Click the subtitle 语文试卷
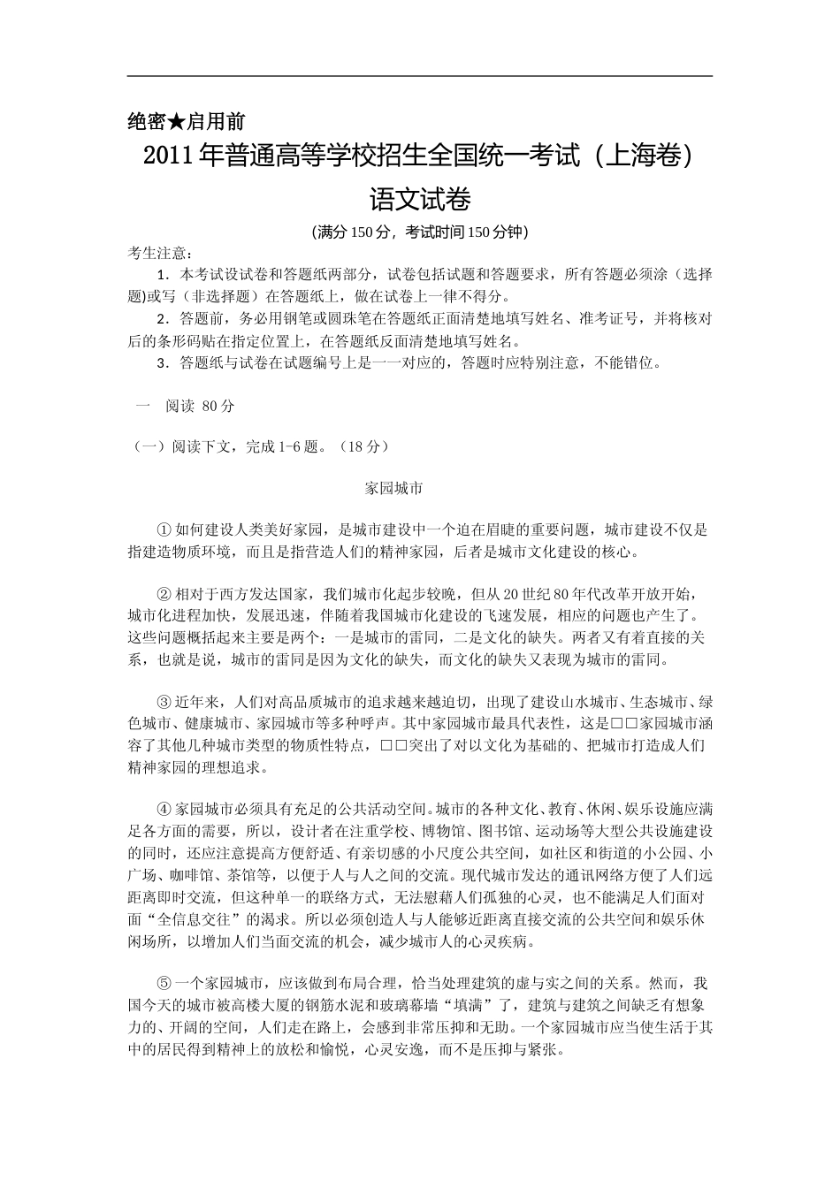pos(419,199)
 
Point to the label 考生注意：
pos(159,253)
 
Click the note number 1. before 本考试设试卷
pos(162,274)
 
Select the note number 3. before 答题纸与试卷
pos(162,362)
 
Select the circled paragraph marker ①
pos(163,530)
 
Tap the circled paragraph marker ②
pos(163,592)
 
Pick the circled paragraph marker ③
pos(163,703)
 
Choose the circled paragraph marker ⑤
pos(163,983)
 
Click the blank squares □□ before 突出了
pos(393,746)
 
